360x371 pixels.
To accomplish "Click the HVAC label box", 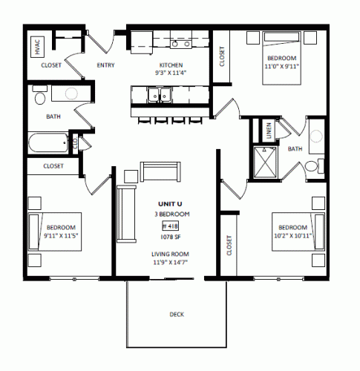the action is click(38, 47).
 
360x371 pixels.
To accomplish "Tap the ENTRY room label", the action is click(105, 65).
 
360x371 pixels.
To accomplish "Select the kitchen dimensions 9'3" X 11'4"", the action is click(171, 73).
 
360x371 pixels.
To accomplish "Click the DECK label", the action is click(177, 315).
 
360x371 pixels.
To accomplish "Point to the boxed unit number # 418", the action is click(170, 226).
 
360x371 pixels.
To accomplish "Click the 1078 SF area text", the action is click(171, 237).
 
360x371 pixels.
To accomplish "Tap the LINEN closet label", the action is click(269, 130).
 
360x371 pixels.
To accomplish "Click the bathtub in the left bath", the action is click(48, 142).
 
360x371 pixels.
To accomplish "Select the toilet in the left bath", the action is click(40, 95).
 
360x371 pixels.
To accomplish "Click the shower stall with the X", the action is click(265, 162).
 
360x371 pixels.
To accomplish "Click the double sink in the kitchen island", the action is click(160, 95).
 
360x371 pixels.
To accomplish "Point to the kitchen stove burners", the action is click(181, 44).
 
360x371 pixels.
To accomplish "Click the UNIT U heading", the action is click(170, 204).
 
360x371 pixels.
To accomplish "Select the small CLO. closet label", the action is click(75, 143).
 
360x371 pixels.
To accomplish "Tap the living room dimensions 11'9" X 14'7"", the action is click(170, 262).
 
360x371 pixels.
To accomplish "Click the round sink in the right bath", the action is click(316, 136).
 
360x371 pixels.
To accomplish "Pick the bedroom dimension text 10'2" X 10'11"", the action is click(292, 235).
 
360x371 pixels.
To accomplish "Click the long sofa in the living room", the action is click(126, 214).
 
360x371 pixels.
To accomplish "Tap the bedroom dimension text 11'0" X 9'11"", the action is click(282, 66).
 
